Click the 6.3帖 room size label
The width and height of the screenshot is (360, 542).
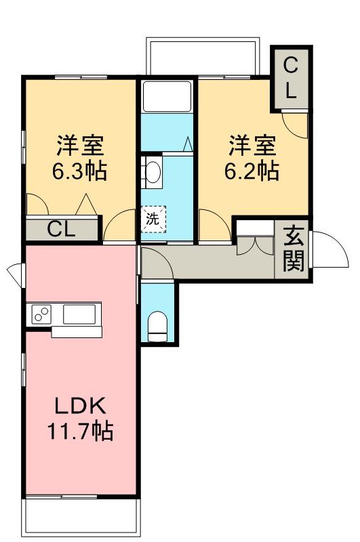pos(79,171)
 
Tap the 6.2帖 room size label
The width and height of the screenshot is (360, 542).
pos(252,171)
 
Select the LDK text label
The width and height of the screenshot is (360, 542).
pos(79,406)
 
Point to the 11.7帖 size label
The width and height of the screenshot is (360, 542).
pos(79,431)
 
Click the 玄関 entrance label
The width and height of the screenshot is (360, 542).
pos(294,249)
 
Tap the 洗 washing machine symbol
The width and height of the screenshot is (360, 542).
pos(153,218)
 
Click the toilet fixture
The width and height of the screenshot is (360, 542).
pos(157,326)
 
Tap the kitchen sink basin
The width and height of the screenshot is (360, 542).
pos(80,314)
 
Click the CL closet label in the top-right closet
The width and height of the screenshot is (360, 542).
pos(290,79)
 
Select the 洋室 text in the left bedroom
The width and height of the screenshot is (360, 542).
pos(79,145)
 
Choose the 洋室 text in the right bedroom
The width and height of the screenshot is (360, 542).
pos(252,145)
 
